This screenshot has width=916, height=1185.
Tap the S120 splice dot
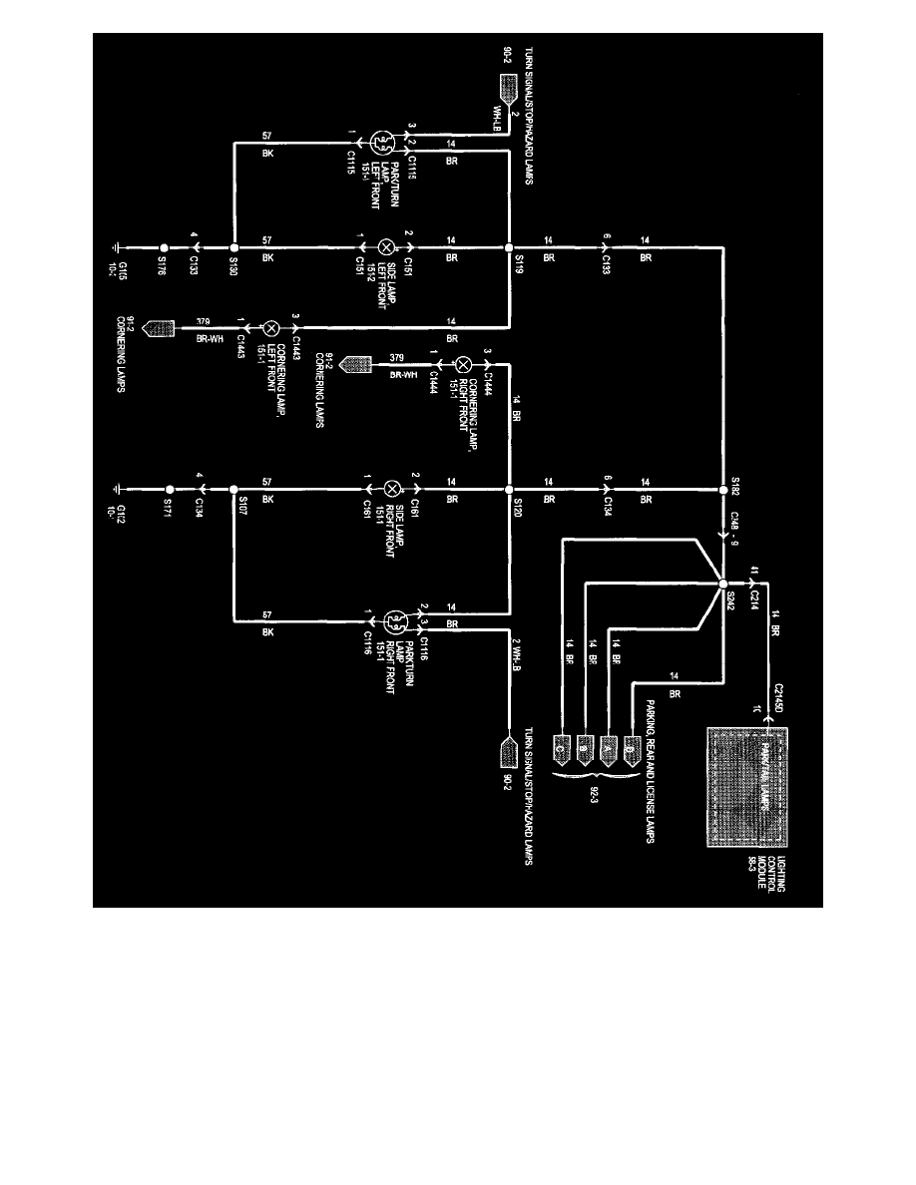pyautogui.click(x=509, y=490)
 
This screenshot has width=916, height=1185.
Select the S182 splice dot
pyautogui.click(x=721, y=490)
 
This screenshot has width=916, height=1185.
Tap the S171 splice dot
pyautogui.click(x=170, y=490)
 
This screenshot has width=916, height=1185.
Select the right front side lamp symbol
pyautogui.click(x=392, y=490)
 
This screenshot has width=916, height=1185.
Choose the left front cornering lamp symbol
pyautogui.click(x=269, y=327)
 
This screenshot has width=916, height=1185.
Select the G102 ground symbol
pyautogui.click(x=118, y=490)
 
